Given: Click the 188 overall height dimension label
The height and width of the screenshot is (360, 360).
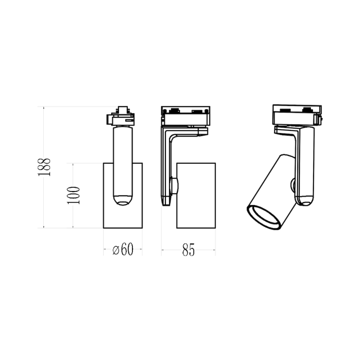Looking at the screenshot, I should coord(44,167).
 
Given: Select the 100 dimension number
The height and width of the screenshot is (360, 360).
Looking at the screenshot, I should coord(73,195).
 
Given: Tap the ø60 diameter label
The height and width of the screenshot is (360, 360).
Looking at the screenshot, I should coord(123,250).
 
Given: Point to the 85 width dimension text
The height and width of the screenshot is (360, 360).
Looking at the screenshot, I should coord(188,250).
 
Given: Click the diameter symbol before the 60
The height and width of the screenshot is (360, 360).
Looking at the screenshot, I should coord(115,250).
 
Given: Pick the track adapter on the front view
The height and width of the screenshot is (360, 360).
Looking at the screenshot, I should coord(121,117).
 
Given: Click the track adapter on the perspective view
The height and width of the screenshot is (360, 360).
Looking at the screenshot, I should coord(297,112).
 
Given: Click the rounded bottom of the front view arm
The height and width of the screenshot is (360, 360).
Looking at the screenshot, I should coord(123,200).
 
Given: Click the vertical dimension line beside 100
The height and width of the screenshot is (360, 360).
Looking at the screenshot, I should coord(73,216).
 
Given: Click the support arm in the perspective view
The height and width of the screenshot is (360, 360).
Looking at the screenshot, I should coord(305,163).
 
